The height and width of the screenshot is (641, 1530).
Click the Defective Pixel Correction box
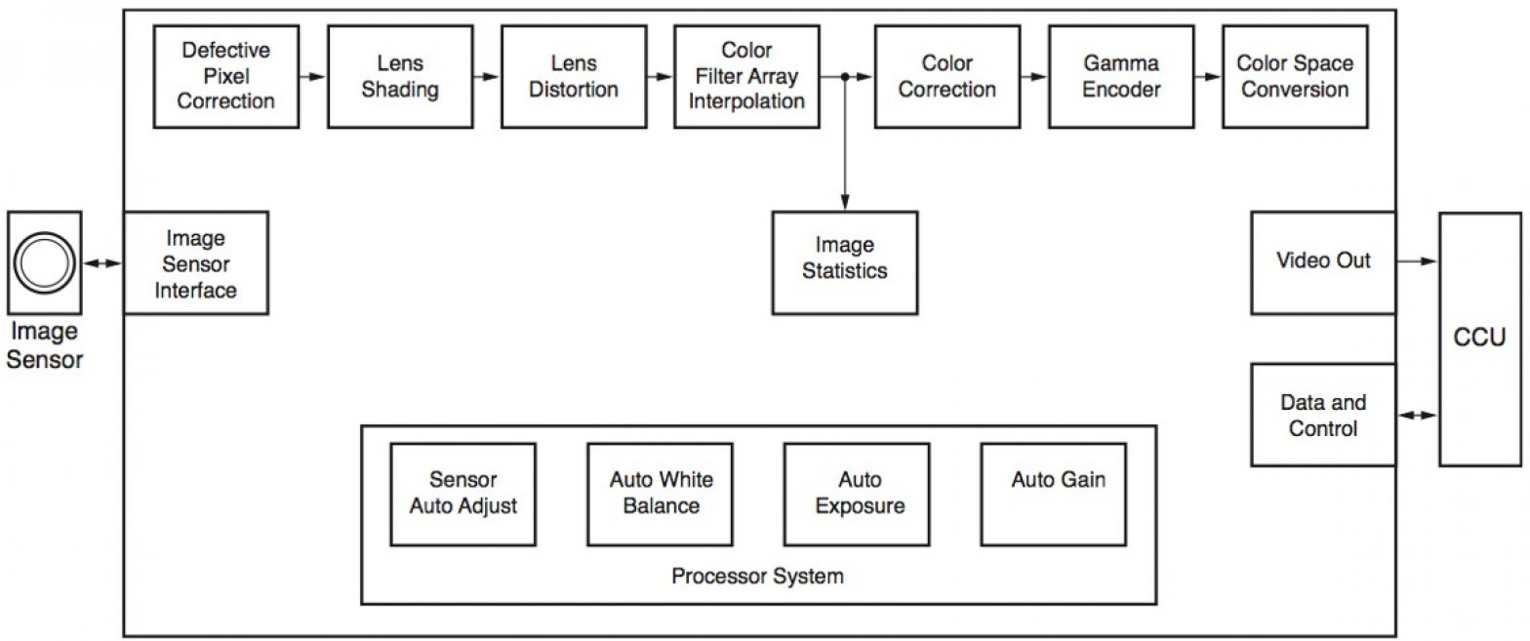pyautogui.click(x=225, y=76)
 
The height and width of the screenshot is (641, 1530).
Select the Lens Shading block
pyautogui.click(x=400, y=76)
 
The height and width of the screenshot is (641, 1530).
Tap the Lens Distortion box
pyautogui.click(x=573, y=76)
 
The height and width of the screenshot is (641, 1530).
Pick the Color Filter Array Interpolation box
pyautogui.click(x=746, y=76)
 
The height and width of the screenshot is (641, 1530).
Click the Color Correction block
pyautogui.click(x=947, y=76)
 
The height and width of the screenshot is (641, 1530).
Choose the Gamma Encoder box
pyautogui.click(x=1121, y=76)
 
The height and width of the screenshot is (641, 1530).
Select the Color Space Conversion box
pyautogui.click(x=1294, y=76)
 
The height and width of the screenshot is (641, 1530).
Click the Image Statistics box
pyautogui.click(x=845, y=262)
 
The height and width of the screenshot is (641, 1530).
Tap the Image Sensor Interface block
pyautogui.click(x=195, y=262)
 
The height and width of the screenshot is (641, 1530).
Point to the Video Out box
pyautogui.click(x=1323, y=262)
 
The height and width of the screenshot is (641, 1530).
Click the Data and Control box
pyautogui.click(x=1323, y=415)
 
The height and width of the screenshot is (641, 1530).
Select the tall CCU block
pyautogui.click(x=1479, y=339)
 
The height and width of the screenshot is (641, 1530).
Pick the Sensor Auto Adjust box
pyautogui.click(x=463, y=494)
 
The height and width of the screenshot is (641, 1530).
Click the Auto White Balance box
pyautogui.click(x=661, y=494)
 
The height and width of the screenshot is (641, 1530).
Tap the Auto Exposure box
pyautogui.click(x=859, y=494)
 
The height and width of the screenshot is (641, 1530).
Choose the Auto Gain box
pyautogui.click(x=1058, y=494)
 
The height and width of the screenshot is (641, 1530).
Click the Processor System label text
pyautogui.click(x=757, y=577)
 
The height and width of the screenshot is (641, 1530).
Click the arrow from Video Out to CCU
pyautogui.click(x=1417, y=261)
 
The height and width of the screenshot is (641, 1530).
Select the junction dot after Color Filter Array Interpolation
pyautogui.click(x=844, y=76)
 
